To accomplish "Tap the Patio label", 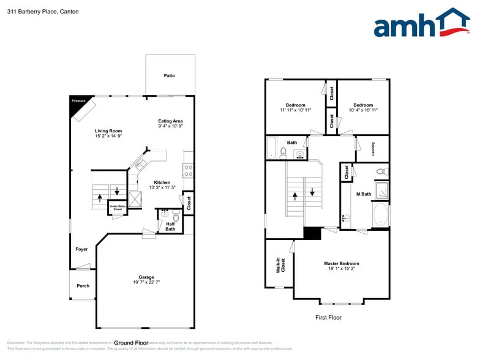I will pyautogui.click(x=169, y=76).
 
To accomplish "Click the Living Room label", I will pyautogui.click(x=108, y=131).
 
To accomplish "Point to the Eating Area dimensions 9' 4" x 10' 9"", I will pyautogui.click(x=170, y=127).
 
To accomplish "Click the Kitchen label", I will pyautogui.click(x=162, y=182).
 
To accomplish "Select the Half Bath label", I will pyautogui.click(x=170, y=227).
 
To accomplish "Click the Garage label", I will pyautogui.click(x=146, y=277).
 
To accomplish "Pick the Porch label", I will pyautogui.click(x=83, y=286).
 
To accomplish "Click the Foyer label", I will pyautogui.click(x=81, y=249).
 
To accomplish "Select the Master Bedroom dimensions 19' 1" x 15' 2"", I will pyautogui.click(x=342, y=269).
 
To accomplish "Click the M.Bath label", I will pyautogui.click(x=364, y=194).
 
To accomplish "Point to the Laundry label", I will pyautogui.click(x=373, y=148).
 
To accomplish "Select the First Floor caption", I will pyautogui.click(x=328, y=317).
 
